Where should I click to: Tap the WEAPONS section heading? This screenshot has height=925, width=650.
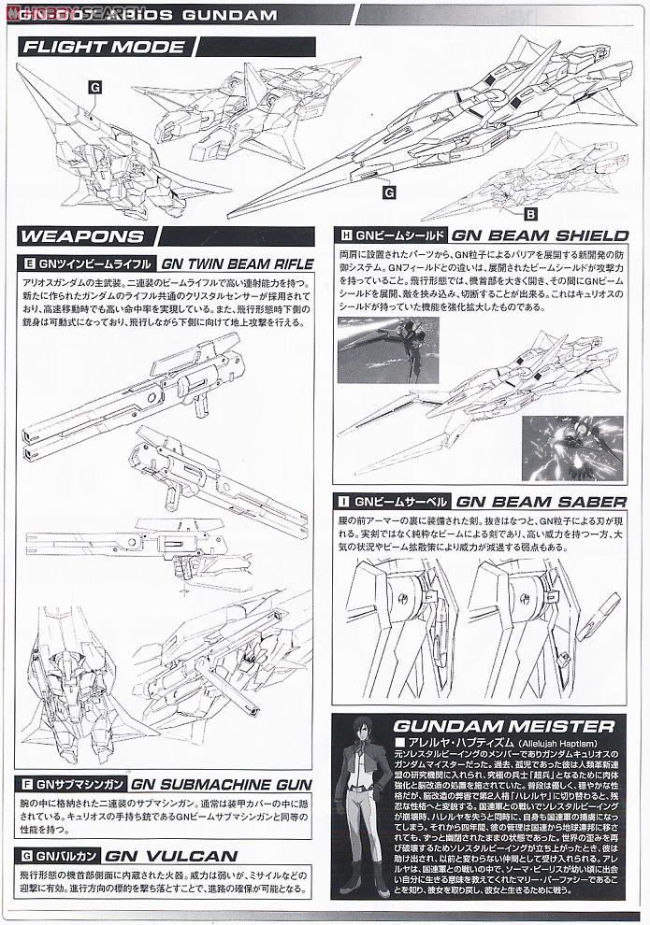coord(82,236)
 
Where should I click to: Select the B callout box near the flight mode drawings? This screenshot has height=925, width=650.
coord(529,213)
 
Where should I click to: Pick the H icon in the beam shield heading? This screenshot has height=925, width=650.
coord(347,236)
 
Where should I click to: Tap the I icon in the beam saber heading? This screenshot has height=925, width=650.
coord(347,500)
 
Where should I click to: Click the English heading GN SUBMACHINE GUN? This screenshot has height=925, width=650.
coord(220,785)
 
